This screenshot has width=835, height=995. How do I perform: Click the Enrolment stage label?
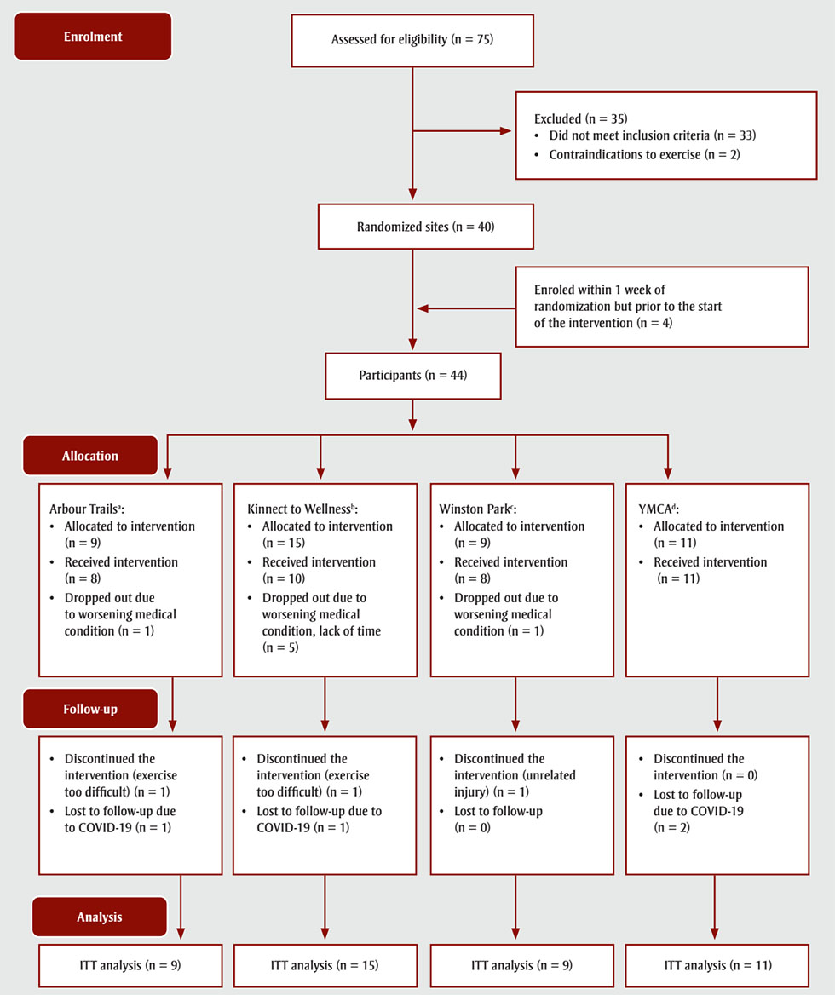coord(93,37)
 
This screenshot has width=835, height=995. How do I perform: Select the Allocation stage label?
coord(89,456)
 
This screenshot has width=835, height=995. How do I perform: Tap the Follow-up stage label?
coord(89,709)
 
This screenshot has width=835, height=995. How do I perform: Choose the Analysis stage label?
coord(99,917)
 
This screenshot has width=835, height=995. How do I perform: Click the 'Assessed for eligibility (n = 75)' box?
coord(413,40)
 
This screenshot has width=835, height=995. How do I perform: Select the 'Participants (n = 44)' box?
coord(413,376)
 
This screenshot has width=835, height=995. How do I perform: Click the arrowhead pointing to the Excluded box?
coord(504,131)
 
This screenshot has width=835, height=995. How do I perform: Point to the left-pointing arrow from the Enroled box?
coord(423,308)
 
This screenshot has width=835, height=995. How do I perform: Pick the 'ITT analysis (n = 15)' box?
coord(325,965)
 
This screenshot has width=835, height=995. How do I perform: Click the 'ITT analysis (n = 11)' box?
coord(717,965)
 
